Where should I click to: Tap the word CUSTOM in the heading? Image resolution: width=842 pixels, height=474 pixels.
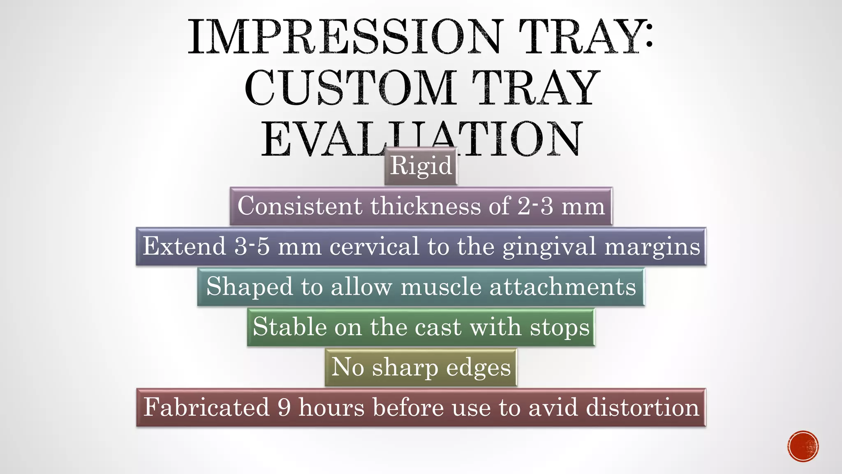coord(350,88)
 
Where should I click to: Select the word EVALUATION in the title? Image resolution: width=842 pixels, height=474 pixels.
coord(422,139)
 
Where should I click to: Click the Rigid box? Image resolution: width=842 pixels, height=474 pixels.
coord(421,166)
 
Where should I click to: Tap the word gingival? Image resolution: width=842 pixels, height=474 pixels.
coord(549,246)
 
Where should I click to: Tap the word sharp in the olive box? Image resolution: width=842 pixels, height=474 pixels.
coord(405,367)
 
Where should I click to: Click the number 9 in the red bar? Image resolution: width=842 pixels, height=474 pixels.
coord(284,407)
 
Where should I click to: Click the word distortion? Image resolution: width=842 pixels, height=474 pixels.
coord(642,407)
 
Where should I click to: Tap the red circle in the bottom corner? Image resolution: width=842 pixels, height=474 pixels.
coord(803,446)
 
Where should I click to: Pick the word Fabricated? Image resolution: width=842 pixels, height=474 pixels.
coord(206,407)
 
